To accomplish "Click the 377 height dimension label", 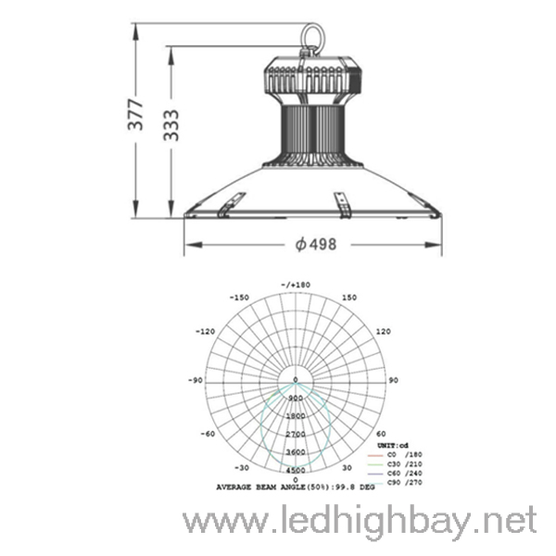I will (136, 115).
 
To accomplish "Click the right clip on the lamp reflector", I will (341, 205).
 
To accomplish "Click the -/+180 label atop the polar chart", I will (296, 284).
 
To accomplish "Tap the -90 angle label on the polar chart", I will (196, 380).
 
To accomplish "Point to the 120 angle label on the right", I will (383, 331).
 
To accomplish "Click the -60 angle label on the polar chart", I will (209, 433).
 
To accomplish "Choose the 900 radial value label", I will (296, 398).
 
